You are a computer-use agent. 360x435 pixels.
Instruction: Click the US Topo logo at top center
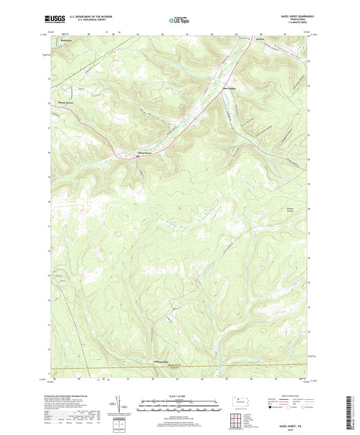[179, 20]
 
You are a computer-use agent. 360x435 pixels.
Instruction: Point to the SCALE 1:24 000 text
[179, 395]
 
